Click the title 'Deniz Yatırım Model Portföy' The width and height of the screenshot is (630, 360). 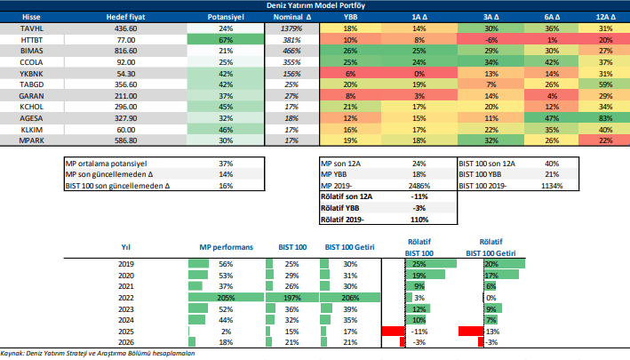pos(315,6)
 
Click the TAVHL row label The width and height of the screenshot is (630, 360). pos(32,29)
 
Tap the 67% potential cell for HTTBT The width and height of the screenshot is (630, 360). pos(225,41)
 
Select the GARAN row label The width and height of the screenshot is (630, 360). pos(32,95)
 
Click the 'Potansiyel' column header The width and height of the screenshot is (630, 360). pos(225,18)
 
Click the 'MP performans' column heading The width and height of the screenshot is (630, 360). pos(222,247)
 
